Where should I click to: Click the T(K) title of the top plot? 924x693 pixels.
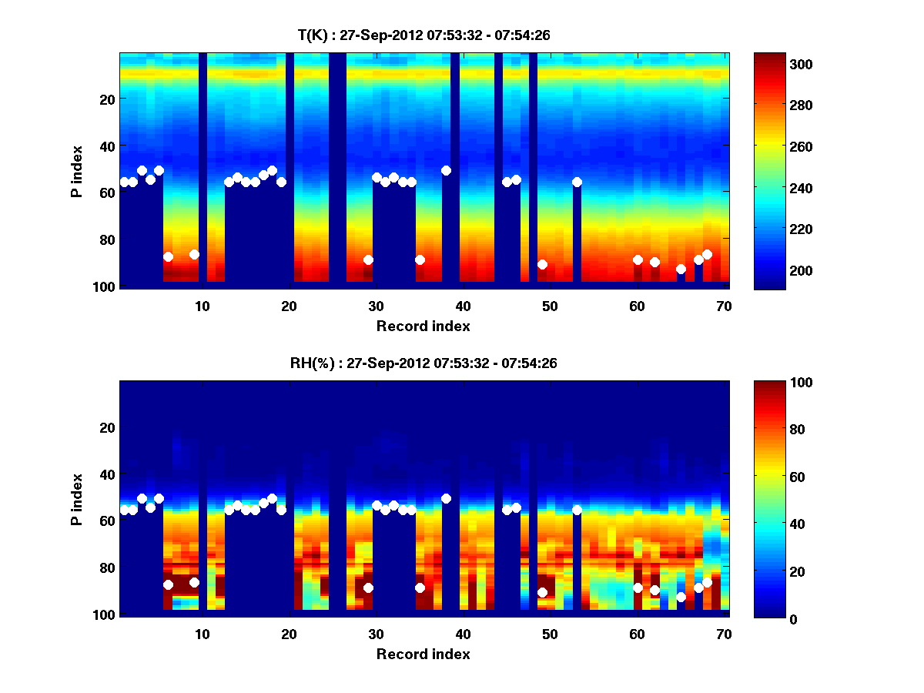(423, 35)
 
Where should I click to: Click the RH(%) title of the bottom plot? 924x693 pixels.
(423, 363)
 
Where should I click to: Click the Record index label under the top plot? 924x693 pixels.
(423, 326)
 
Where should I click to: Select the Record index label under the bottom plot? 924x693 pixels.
(423, 654)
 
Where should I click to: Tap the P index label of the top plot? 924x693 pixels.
(76, 169)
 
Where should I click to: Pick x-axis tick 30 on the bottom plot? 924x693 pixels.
(377, 634)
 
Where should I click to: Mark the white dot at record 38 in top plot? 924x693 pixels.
(446, 170)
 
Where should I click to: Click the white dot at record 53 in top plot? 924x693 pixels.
(577, 182)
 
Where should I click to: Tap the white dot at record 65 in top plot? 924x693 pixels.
(681, 269)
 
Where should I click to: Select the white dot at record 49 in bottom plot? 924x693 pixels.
(542, 592)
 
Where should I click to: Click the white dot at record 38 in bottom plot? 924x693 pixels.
(446, 498)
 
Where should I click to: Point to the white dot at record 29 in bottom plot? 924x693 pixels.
(368, 588)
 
